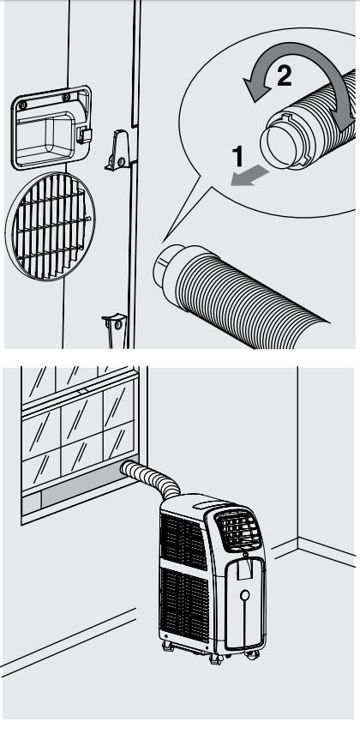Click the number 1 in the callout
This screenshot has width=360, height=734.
[238, 156]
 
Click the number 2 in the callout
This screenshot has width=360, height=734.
[285, 75]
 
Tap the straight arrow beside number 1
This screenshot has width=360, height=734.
[249, 177]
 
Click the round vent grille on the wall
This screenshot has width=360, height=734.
[50, 226]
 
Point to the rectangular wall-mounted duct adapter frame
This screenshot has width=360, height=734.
[51, 127]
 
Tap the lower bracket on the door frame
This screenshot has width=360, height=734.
[115, 330]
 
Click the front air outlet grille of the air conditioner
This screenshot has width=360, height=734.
[237, 530]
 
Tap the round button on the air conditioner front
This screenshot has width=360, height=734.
[244, 595]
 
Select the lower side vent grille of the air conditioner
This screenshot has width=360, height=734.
[184, 604]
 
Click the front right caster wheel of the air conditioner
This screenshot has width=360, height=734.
[252, 655]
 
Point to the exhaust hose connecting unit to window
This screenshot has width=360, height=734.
[151, 478]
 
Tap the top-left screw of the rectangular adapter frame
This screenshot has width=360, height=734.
[22, 105]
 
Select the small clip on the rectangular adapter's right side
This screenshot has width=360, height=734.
[84, 135]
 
